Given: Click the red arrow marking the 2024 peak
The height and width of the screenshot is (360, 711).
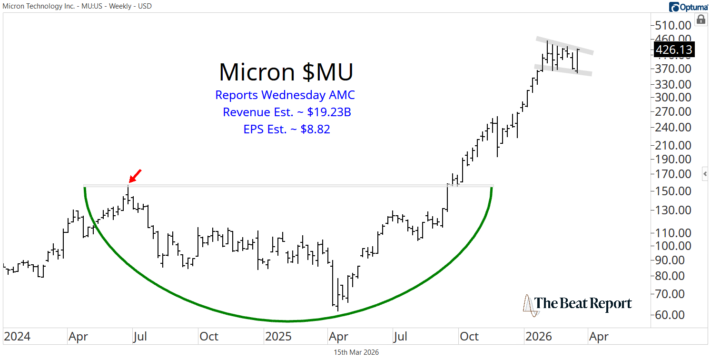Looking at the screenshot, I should pos(135,176).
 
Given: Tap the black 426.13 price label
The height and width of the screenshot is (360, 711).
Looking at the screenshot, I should pos(674,50).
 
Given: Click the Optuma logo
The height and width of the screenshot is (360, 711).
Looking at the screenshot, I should pos(688,7).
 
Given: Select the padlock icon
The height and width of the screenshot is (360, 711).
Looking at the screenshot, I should pos(701,20).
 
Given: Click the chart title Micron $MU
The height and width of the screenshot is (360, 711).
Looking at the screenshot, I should pos(286,72).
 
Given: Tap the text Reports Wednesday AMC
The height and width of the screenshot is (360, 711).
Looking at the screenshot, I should pos(285,95).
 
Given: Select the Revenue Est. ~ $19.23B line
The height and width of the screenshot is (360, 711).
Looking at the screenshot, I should pos(286,112).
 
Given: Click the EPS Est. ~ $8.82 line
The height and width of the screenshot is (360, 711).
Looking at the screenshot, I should pos(286,129).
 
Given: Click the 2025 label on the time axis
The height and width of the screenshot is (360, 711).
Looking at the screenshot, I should pos(280,337).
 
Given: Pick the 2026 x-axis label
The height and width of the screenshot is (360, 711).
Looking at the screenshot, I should pos(538,337).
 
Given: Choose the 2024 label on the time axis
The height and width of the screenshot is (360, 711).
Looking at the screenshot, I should pos(17,337).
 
